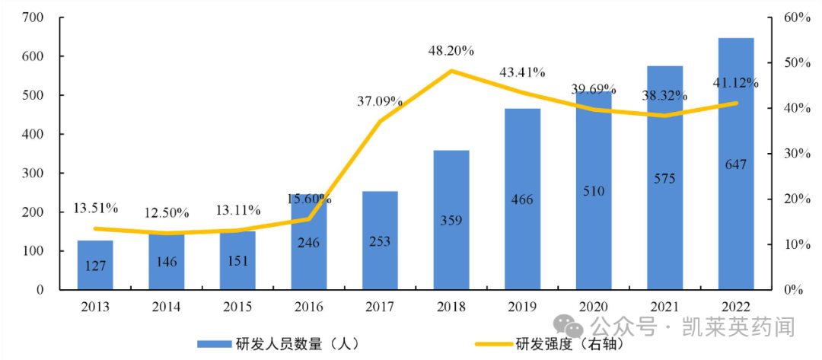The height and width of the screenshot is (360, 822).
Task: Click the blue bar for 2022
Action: coord(736,164)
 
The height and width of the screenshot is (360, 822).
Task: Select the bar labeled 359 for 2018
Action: coord(451,220)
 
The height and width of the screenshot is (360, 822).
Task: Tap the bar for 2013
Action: coord(95,265)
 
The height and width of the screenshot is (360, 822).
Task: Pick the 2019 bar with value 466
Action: coord(522,199)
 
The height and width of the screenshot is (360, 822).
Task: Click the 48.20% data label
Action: coord(451,51)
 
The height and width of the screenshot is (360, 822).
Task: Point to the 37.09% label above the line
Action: coord(381,100)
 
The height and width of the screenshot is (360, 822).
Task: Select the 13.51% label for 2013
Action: coord(96,208)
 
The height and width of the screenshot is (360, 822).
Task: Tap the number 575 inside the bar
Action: coord(664,179)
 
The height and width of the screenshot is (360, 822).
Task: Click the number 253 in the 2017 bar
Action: coord(380,241)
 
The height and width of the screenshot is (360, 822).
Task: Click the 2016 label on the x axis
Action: coord(309,307)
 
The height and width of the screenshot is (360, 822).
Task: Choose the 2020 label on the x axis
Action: coord(594,307)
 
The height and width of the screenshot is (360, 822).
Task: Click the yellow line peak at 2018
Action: coord(451,71)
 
